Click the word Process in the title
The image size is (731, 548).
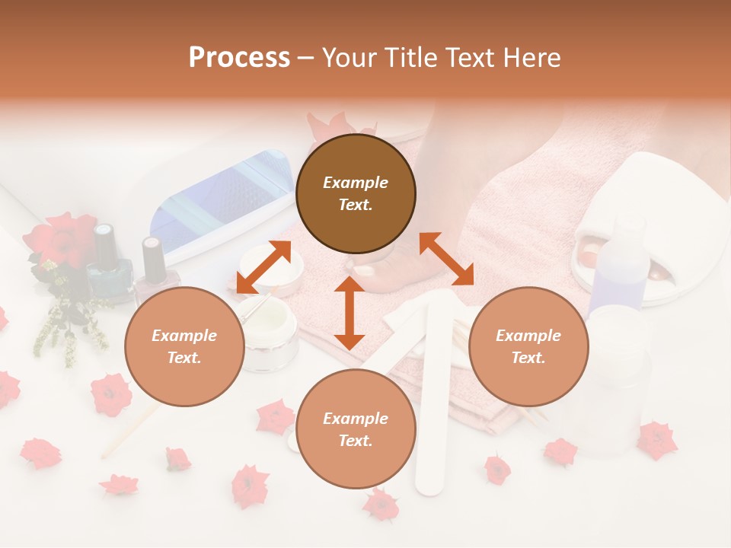[239, 58]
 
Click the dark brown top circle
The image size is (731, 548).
[356, 194]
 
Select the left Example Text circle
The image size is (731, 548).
[184, 347]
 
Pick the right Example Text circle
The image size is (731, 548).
[528, 347]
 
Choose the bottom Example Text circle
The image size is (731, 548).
[356, 429]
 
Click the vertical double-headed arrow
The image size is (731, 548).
[350, 313]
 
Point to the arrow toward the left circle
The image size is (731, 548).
[263, 266]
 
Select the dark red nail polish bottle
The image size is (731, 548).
[155, 263]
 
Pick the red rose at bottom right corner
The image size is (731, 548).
[656, 440]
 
